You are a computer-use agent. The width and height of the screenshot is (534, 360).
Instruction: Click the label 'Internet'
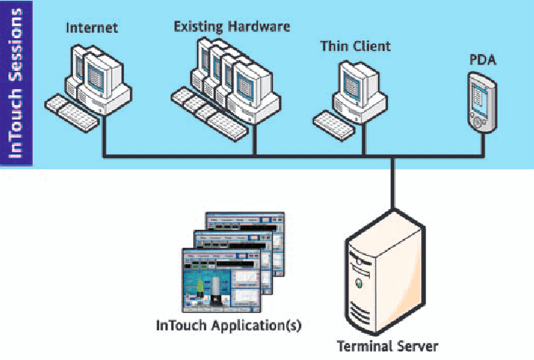click(x=93, y=30)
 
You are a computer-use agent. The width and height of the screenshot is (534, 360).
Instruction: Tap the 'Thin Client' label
click(x=355, y=46)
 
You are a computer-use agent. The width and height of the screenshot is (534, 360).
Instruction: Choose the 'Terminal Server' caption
click(x=388, y=346)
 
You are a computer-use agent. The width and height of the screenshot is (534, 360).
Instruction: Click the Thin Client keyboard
click(x=335, y=121)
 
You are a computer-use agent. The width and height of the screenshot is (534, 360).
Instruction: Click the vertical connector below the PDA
click(x=482, y=145)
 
